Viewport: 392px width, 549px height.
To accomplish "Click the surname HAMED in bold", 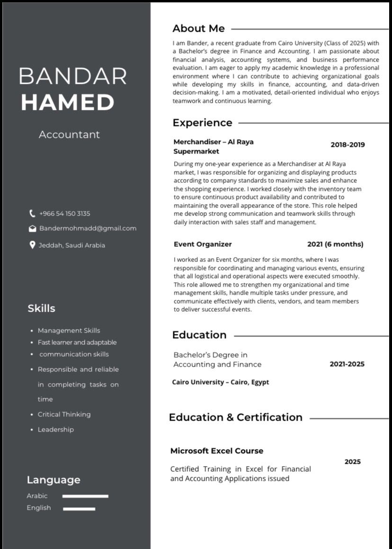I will click(68, 102).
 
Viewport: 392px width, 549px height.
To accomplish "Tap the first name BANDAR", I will click(72, 76).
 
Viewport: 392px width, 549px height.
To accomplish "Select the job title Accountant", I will click(69, 135).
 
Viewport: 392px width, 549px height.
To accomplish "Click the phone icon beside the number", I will click(32, 214).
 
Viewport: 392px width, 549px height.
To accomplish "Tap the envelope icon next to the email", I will click(32, 229).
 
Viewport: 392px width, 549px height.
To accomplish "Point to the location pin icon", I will click(32, 245).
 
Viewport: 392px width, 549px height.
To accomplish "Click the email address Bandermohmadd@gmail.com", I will click(88, 228).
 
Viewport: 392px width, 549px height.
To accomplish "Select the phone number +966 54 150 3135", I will click(64, 214).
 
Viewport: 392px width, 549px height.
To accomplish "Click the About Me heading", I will click(198, 28).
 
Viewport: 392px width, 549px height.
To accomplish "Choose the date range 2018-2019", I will click(347, 145).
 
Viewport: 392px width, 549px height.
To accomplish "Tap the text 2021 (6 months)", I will click(335, 244).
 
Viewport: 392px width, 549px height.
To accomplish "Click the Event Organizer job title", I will click(203, 244).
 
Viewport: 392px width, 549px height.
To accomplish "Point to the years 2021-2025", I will click(347, 364).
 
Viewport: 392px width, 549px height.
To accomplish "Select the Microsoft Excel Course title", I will click(217, 451).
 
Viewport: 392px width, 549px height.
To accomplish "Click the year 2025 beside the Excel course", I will click(352, 462).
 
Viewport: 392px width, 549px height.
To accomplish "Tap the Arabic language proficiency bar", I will click(85, 496).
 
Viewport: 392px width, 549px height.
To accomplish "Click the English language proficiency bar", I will click(79, 509).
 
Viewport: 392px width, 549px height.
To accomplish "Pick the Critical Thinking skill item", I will click(64, 414).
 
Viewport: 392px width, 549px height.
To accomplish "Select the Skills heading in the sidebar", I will click(41, 308).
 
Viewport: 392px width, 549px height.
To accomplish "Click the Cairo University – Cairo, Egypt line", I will click(220, 382).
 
